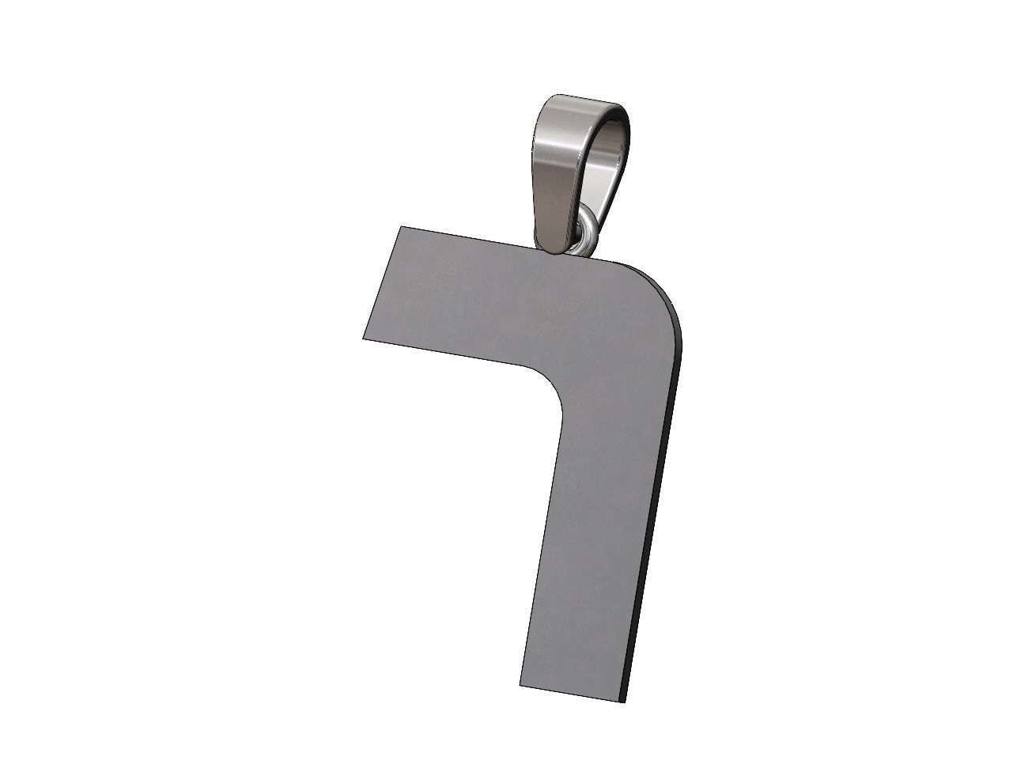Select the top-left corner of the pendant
tap(401, 228)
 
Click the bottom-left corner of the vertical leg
tap(520, 685)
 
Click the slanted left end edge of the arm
tap(382, 283)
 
